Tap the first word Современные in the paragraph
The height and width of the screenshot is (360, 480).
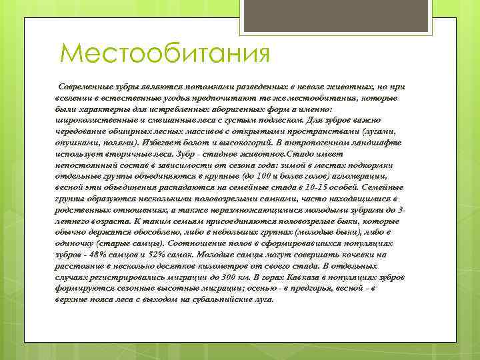[x=83, y=88]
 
